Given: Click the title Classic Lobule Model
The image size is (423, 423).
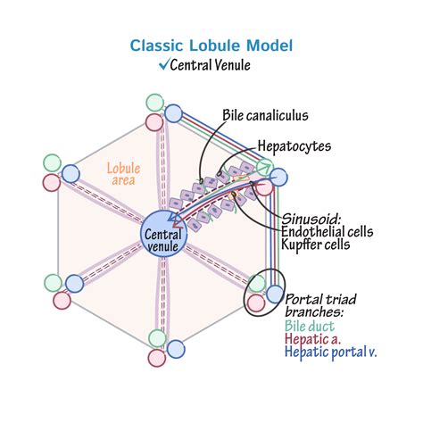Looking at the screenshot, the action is [211, 46].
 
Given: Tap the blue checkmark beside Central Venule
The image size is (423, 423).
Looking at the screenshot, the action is [164, 64].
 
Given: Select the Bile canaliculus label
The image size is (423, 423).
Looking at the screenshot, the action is [265, 115].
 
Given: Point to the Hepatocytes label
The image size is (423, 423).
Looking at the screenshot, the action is [294, 146].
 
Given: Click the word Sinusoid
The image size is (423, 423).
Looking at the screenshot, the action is [311, 220].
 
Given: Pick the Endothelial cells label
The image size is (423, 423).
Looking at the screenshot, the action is [327, 232].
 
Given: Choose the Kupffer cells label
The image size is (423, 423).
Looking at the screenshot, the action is [315, 245].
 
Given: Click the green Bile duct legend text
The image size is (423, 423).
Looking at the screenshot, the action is [310, 327].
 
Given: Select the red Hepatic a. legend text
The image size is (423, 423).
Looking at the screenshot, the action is [312, 339].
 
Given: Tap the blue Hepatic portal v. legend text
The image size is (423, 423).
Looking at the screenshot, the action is [330, 352].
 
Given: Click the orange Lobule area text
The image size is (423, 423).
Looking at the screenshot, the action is [123, 174].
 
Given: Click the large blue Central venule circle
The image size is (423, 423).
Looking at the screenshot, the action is [163, 233].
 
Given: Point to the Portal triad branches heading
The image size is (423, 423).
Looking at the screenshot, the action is [320, 305].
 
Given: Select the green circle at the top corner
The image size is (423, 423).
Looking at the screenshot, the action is [155, 103].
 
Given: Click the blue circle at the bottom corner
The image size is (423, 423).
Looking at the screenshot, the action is [176, 349].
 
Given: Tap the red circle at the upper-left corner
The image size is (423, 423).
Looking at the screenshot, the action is [52, 182].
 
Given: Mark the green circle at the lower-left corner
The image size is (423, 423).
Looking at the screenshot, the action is [53, 283].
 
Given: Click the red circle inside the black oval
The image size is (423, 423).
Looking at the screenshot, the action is [256, 303].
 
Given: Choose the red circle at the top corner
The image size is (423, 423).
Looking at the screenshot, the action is [154, 122].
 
